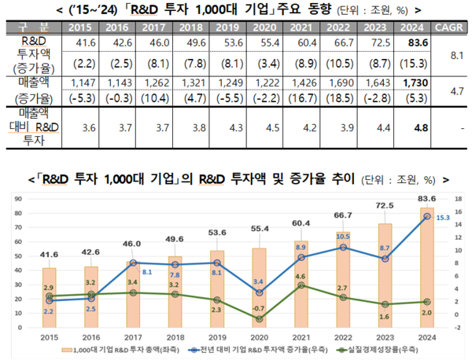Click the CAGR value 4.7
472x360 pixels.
(454, 90)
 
